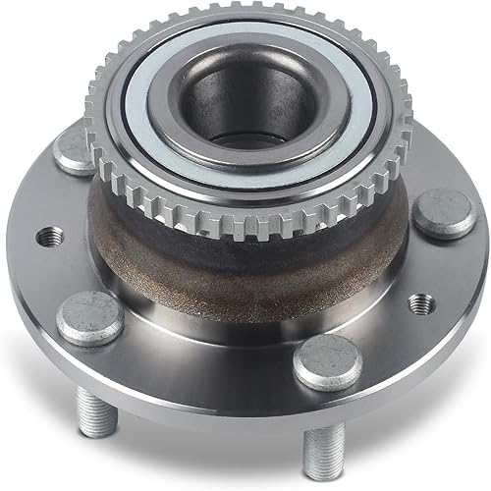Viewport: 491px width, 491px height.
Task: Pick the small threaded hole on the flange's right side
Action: (422, 303)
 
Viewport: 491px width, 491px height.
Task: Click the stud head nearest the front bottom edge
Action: (326, 361)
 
